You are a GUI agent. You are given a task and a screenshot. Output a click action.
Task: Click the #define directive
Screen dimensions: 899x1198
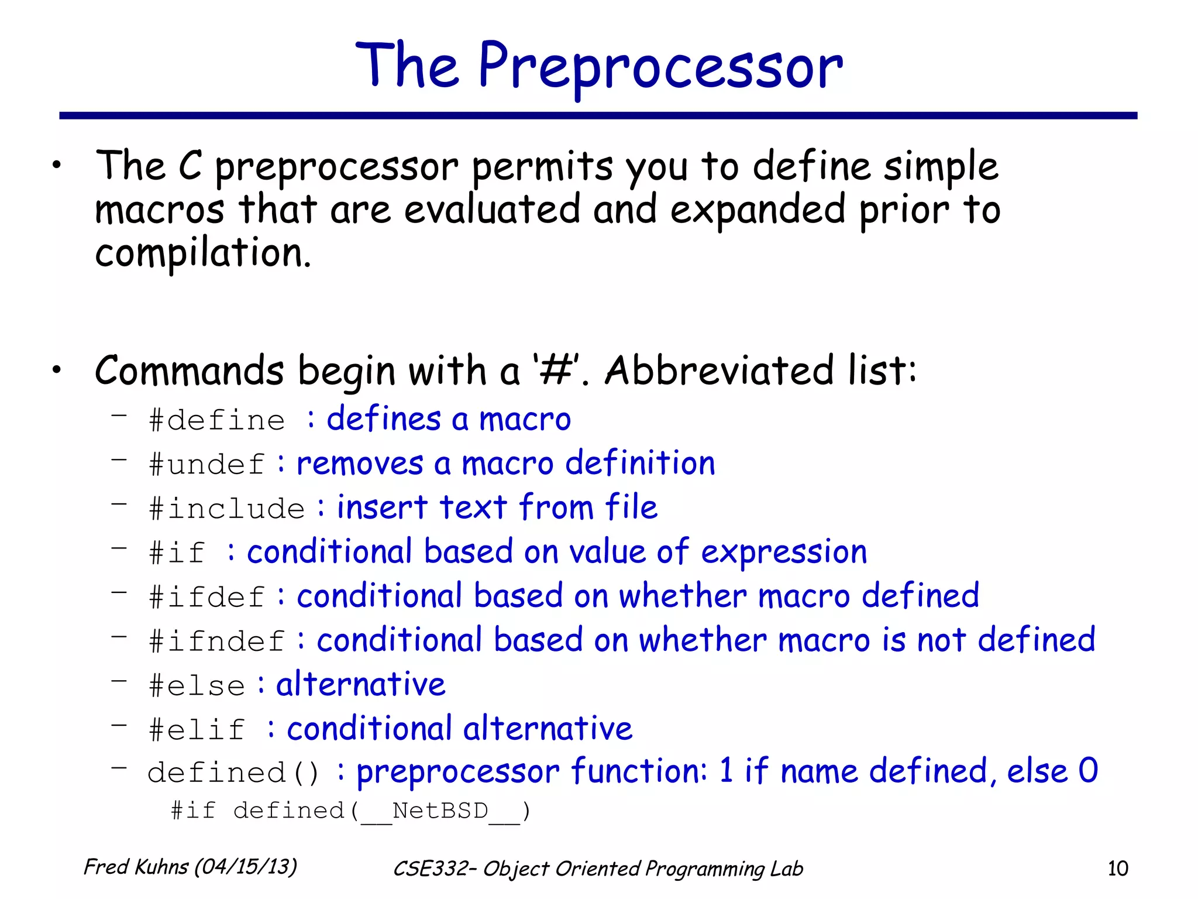click(x=216, y=421)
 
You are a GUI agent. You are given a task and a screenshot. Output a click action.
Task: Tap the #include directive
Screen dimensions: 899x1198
click(x=227, y=509)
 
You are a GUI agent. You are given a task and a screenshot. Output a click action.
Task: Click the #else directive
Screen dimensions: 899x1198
click(x=197, y=685)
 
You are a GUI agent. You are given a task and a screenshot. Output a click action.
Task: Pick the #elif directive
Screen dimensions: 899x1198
click(x=197, y=730)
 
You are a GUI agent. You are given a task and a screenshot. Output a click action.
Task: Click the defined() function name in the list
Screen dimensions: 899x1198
click(x=233, y=773)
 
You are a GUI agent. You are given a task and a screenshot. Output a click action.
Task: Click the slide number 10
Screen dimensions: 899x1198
click(x=1117, y=869)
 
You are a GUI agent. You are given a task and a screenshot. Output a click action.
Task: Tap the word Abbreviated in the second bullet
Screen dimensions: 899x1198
click(x=719, y=370)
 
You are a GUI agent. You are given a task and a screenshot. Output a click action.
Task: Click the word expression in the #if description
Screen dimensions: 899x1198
click(x=784, y=553)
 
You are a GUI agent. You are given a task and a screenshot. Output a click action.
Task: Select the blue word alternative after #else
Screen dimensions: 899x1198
click(x=360, y=684)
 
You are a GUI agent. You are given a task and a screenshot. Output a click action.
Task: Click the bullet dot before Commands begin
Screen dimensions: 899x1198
click(x=56, y=370)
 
